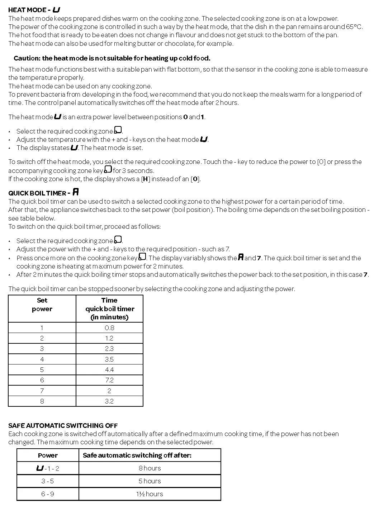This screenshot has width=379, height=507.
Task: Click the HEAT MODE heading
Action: pyautogui.click(x=27, y=10)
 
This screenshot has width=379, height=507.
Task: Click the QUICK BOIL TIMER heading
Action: pyautogui.click(x=37, y=193)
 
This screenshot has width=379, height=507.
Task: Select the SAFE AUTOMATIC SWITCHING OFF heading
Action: pyautogui.click(x=63, y=426)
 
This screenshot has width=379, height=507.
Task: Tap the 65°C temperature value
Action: pyautogui.click(x=356, y=27)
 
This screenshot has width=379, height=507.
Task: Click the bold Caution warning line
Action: pyautogui.click(x=112, y=58)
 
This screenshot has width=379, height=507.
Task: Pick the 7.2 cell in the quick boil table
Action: pyautogui.click(x=109, y=380)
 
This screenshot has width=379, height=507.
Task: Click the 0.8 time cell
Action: pyautogui.click(x=109, y=328)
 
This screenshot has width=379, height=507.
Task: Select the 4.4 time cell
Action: pyautogui.click(x=109, y=370)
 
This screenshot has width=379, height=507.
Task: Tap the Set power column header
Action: pyautogui.click(x=42, y=305)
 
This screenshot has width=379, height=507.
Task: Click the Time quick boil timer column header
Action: pyautogui.click(x=109, y=309)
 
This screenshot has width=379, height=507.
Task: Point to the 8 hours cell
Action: pyautogui.click(x=150, y=468)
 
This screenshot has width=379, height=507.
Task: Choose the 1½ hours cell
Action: pyautogui.click(x=150, y=494)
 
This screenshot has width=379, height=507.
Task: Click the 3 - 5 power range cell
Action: pyautogui.click(x=47, y=481)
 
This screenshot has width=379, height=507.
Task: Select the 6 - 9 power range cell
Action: pyautogui.click(x=47, y=494)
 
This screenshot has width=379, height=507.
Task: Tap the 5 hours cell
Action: pyautogui.click(x=150, y=481)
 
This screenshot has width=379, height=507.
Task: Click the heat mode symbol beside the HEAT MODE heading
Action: pyautogui.click(x=56, y=10)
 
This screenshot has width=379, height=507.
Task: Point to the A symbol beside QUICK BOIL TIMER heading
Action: pyautogui.click(x=76, y=192)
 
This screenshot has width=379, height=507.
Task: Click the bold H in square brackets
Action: pyautogui.click(x=145, y=179)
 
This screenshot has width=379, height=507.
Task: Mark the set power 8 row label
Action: pyautogui.click(x=42, y=401)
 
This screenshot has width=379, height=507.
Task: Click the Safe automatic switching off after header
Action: pyautogui.click(x=137, y=455)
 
